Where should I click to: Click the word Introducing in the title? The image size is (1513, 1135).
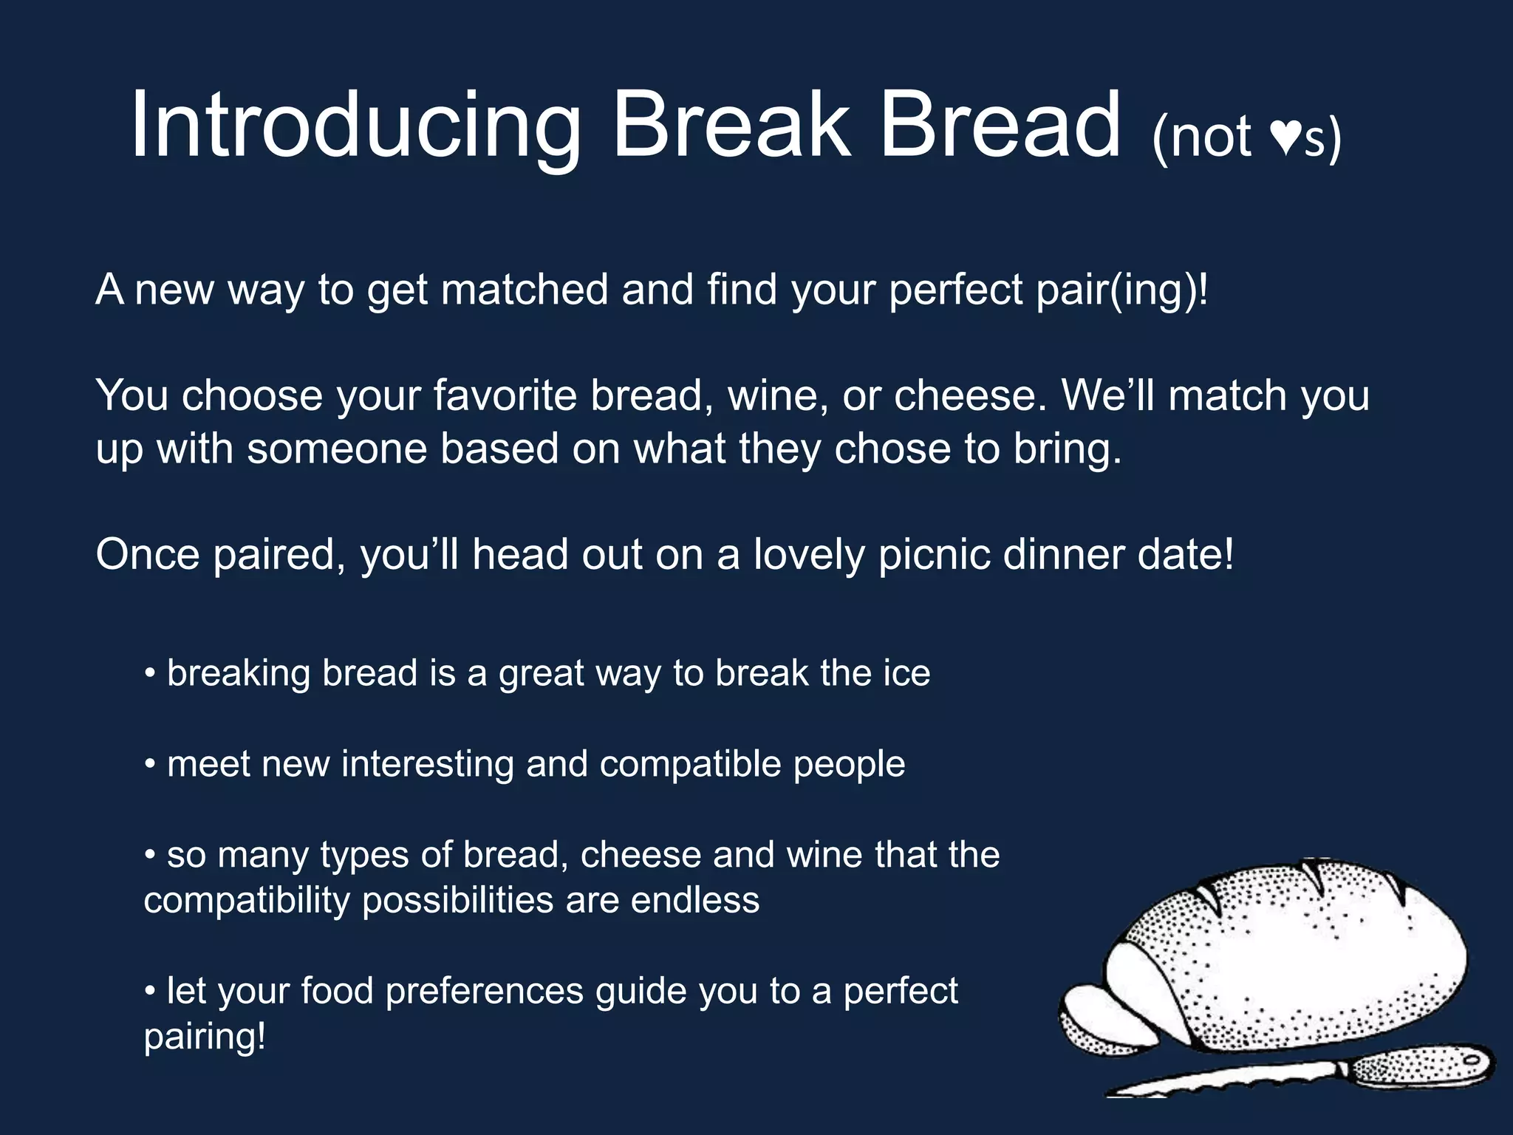(x=355, y=126)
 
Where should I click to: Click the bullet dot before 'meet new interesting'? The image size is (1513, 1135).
(x=150, y=764)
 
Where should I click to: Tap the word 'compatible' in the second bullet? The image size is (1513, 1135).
(x=690, y=764)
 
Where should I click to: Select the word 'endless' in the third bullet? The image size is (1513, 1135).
(x=694, y=901)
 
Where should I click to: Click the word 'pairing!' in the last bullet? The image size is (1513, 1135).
(x=205, y=1037)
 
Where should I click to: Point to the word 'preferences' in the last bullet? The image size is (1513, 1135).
(x=484, y=992)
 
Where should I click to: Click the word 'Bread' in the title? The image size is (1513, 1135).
(x=1001, y=126)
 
